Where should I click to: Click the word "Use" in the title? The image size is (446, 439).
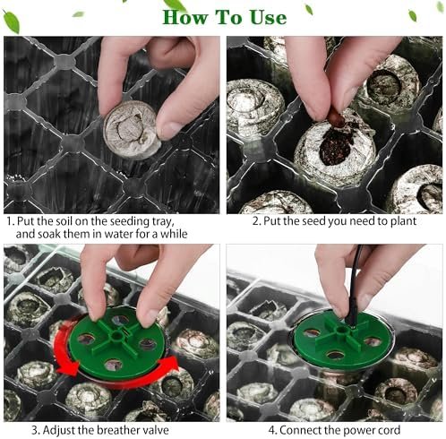point(269,17)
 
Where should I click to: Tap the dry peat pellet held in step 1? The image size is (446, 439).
point(132,129)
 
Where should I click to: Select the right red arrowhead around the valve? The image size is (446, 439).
point(168,365)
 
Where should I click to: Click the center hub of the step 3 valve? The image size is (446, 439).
point(116,337)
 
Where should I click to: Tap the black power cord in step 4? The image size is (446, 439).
point(354,287)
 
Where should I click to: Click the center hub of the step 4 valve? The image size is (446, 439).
point(342,331)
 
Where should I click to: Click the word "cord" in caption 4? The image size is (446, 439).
point(388,430)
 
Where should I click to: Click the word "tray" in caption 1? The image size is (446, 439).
point(163,222)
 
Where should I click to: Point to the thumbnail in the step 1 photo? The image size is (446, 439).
point(168,130)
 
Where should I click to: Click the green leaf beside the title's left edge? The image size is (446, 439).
point(12,22)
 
